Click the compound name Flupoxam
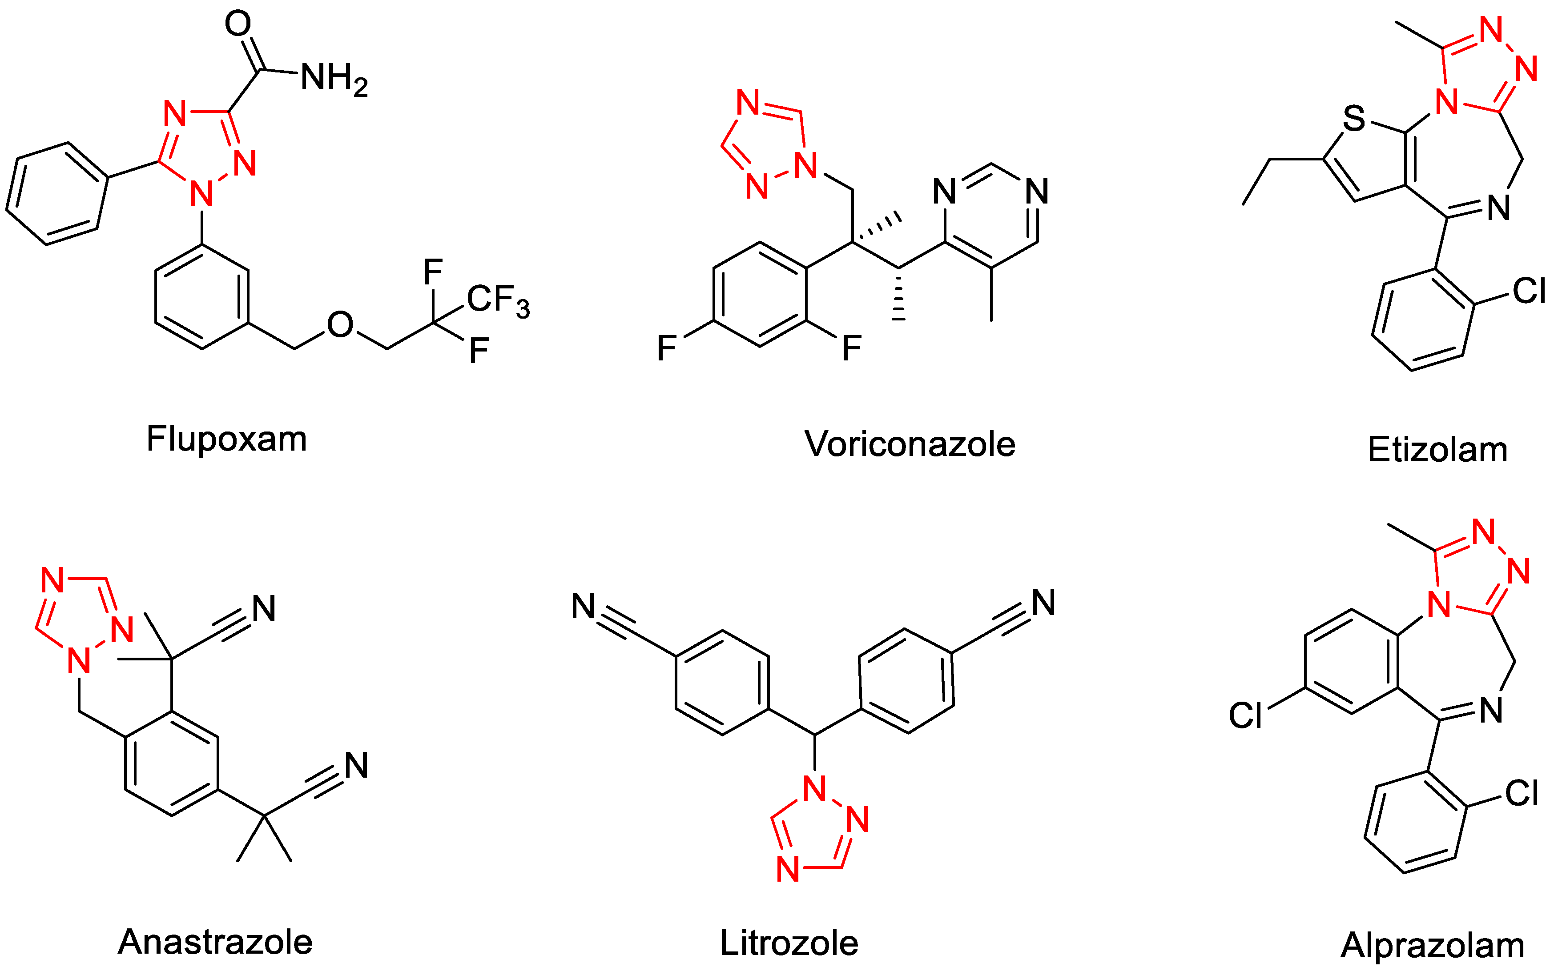tap(226, 439)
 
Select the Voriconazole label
tap(910, 444)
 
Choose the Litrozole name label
tap(789, 943)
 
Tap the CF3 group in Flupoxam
tap(497, 300)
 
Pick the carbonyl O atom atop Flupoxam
tap(238, 24)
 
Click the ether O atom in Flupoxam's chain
tap(340, 325)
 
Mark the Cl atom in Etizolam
tap(1529, 291)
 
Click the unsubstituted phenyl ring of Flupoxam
tap(57, 193)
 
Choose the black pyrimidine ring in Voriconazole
tap(991, 216)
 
